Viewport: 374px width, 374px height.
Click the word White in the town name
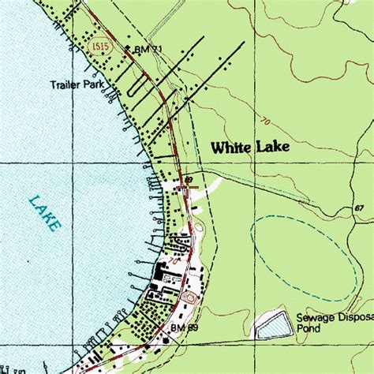230,147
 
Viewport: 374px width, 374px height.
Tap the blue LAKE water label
45,213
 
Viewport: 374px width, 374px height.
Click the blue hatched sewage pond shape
272,325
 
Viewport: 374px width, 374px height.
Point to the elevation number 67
359,208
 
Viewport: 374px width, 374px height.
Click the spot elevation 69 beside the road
189,180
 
